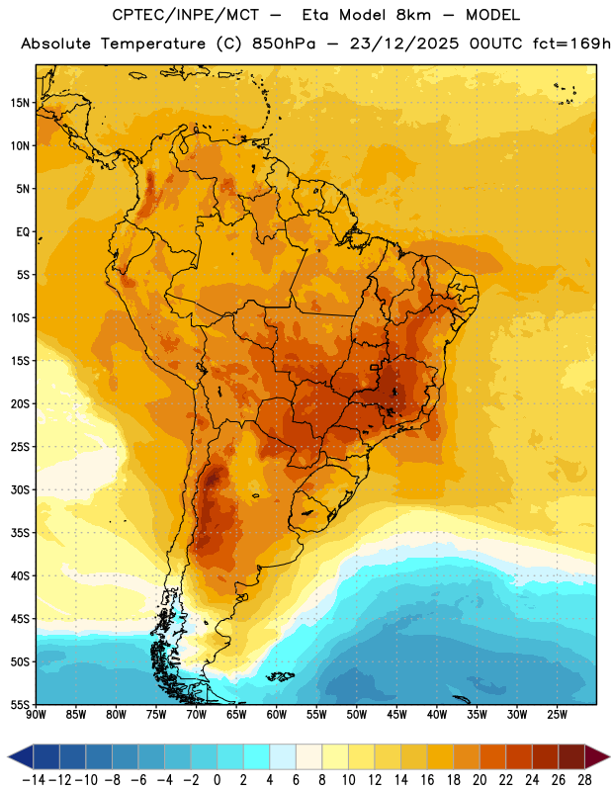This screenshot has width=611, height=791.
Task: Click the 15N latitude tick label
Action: coord(20,103)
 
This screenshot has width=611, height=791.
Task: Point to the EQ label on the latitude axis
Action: coord(23,232)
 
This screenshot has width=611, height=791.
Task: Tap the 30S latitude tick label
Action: coord(20,489)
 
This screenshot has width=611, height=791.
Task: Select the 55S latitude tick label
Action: coord(20,704)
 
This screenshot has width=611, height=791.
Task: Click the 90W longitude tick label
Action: coord(37,715)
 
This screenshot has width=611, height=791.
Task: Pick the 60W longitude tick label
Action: coord(277,715)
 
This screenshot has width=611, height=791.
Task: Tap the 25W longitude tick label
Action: coord(557,715)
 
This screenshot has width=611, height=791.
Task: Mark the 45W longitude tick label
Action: coord(396,715)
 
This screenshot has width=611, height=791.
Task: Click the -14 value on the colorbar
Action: coord(35,780)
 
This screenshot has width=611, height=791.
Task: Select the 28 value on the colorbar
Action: coord(584,780)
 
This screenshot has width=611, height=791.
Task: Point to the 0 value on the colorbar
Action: coord(218,780)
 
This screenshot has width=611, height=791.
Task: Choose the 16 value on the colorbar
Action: coord(427,780)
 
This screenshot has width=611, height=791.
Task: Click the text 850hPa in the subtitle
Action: coord(284,44)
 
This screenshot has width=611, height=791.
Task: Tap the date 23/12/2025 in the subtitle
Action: coord(404,44)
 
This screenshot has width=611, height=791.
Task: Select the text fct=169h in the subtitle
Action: coord(571,44)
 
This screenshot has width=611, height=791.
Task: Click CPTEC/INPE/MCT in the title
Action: coord(185,15)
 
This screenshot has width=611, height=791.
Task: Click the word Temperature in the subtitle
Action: coord(153,44)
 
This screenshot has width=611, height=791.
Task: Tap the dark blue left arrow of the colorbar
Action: coord(20,757)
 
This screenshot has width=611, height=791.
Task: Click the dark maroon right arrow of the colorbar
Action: coord(598,757)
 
